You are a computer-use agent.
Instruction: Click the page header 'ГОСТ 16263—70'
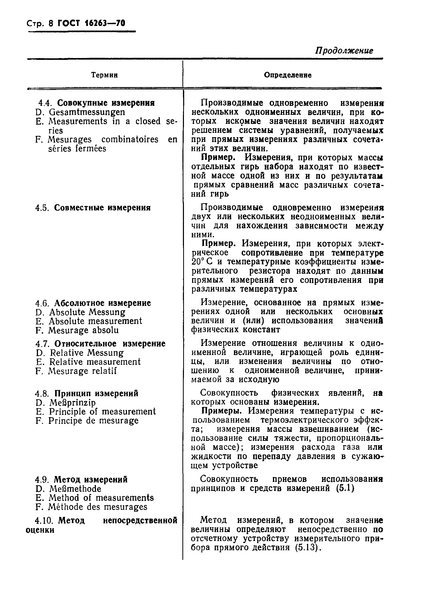click(91, 24)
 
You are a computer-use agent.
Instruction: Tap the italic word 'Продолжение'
click(344, 51)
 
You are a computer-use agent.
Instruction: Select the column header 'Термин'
click(104, 75)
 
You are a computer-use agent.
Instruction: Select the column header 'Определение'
click(288, 75)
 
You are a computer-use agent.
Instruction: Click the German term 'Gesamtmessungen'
click(87, 112)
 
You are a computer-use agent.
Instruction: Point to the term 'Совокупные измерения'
click(106, 103)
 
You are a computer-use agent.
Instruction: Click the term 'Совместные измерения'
click(102, 208)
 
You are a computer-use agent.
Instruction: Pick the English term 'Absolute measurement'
click(95, 321)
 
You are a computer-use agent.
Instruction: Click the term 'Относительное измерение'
click(110, 343)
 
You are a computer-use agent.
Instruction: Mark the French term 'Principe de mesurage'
click(93, 421)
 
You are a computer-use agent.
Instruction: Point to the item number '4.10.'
click(44, 520)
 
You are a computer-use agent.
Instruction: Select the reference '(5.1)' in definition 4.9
click(345, 488)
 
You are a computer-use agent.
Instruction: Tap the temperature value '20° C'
click(202, 262)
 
